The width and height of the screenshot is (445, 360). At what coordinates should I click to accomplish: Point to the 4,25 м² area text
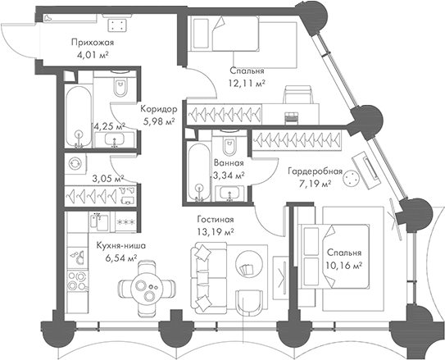pyautogui.click(x=108, y=127)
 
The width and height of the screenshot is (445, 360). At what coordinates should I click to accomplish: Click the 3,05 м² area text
pyautogui.click(x=107, y=177)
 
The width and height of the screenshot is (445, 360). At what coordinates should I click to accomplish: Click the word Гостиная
pyautogui.click(x=216, y=220)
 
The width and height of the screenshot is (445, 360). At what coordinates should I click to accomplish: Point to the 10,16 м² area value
pyautogui.click(x=345, y=267)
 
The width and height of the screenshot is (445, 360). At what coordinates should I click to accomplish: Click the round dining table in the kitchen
pyautogui.click(x=143, y=290)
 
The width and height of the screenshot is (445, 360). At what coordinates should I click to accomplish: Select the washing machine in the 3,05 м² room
pyautogui.click(x=76, y=163)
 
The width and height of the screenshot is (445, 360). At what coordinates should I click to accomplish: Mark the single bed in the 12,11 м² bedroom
pyautogui.click(x=225, y=34)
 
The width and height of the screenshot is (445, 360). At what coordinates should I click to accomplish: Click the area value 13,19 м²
pyautogui.click(x=216, y=232)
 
